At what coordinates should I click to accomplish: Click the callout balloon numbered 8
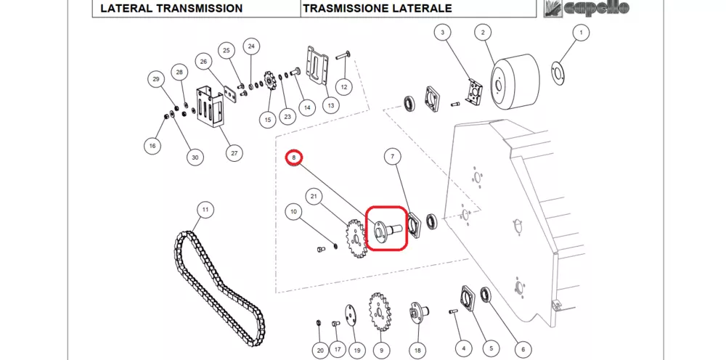294,157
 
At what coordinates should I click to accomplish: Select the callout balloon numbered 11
205,210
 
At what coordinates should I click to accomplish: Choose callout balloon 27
234,153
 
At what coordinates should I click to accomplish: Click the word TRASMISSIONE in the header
340,9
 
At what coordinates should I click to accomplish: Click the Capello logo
587,9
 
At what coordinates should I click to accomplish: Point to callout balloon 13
331,105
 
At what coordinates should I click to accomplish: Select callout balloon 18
417,350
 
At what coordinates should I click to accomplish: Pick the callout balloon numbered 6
523,349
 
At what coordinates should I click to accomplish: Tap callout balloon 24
251,46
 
